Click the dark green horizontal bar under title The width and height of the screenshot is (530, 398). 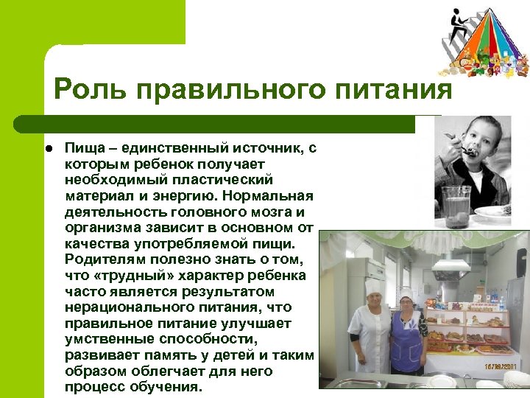[213, 123]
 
